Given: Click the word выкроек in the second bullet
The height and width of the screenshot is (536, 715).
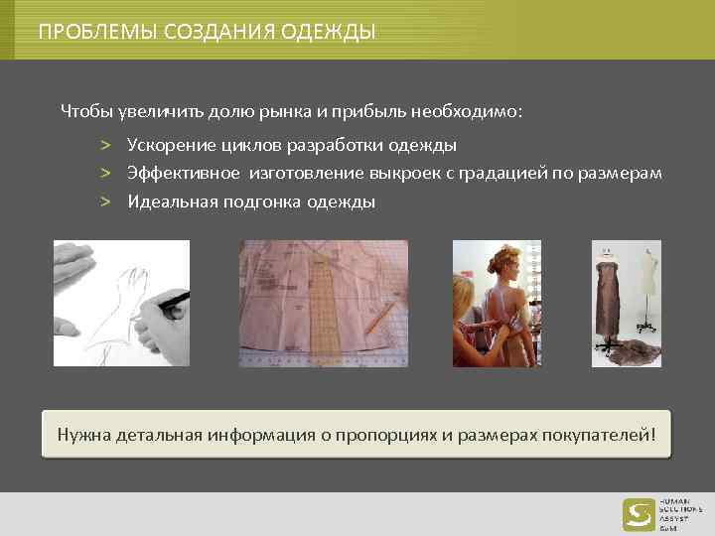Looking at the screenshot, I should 433,174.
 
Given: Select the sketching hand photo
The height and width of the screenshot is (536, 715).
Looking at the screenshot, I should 121,303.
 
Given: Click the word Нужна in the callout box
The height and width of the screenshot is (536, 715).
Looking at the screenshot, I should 82,434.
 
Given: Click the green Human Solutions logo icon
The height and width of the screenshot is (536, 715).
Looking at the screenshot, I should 639,514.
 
